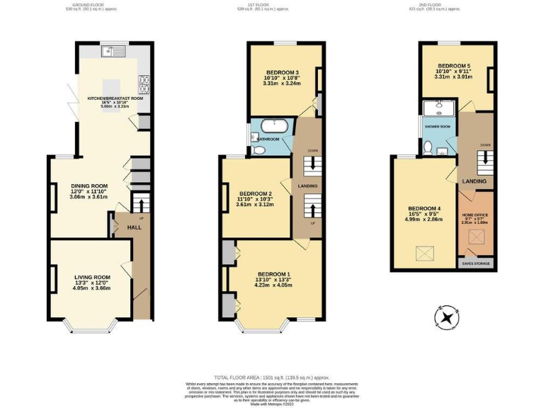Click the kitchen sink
pos(113,50)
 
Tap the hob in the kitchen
pos(144,84)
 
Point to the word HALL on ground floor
pos(134,227)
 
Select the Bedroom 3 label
pos(282,72)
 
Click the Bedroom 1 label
pos(273,273)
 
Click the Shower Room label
pos(437,126)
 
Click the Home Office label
pos(475,214)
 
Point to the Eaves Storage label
pos(476,263)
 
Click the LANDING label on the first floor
pos(307,186)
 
